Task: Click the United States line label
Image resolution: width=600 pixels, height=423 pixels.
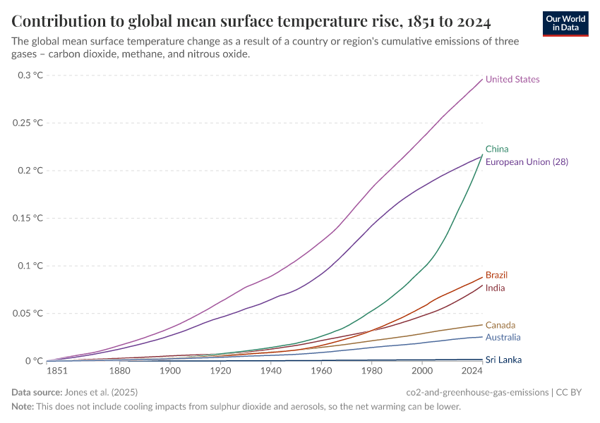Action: tap(512, 80)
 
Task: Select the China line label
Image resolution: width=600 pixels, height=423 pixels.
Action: tap(497, 149)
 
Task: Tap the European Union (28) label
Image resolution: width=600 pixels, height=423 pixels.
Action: tap(527, 162)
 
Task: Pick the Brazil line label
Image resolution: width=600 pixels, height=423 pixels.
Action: tap(497, 275)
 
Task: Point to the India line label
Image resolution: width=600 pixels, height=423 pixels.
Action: tap(495, 288)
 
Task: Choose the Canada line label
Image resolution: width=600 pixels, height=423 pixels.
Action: tap(500, 325)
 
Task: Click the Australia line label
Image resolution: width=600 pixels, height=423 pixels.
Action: tap(503, 338)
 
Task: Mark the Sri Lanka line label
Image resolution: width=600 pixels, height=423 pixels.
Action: tap(504, 360)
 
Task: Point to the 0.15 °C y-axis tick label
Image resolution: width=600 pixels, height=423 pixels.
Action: tap(28, 218)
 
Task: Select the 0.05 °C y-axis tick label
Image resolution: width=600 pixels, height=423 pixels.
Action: tap(28, 313)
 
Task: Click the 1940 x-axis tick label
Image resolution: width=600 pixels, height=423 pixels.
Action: tap(270, 371)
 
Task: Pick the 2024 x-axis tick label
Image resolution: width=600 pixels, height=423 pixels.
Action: tap(472, 371)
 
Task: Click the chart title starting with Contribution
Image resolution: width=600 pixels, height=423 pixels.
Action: tap(251, 20)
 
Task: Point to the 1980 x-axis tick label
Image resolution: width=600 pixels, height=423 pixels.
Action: tap(371, 371)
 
